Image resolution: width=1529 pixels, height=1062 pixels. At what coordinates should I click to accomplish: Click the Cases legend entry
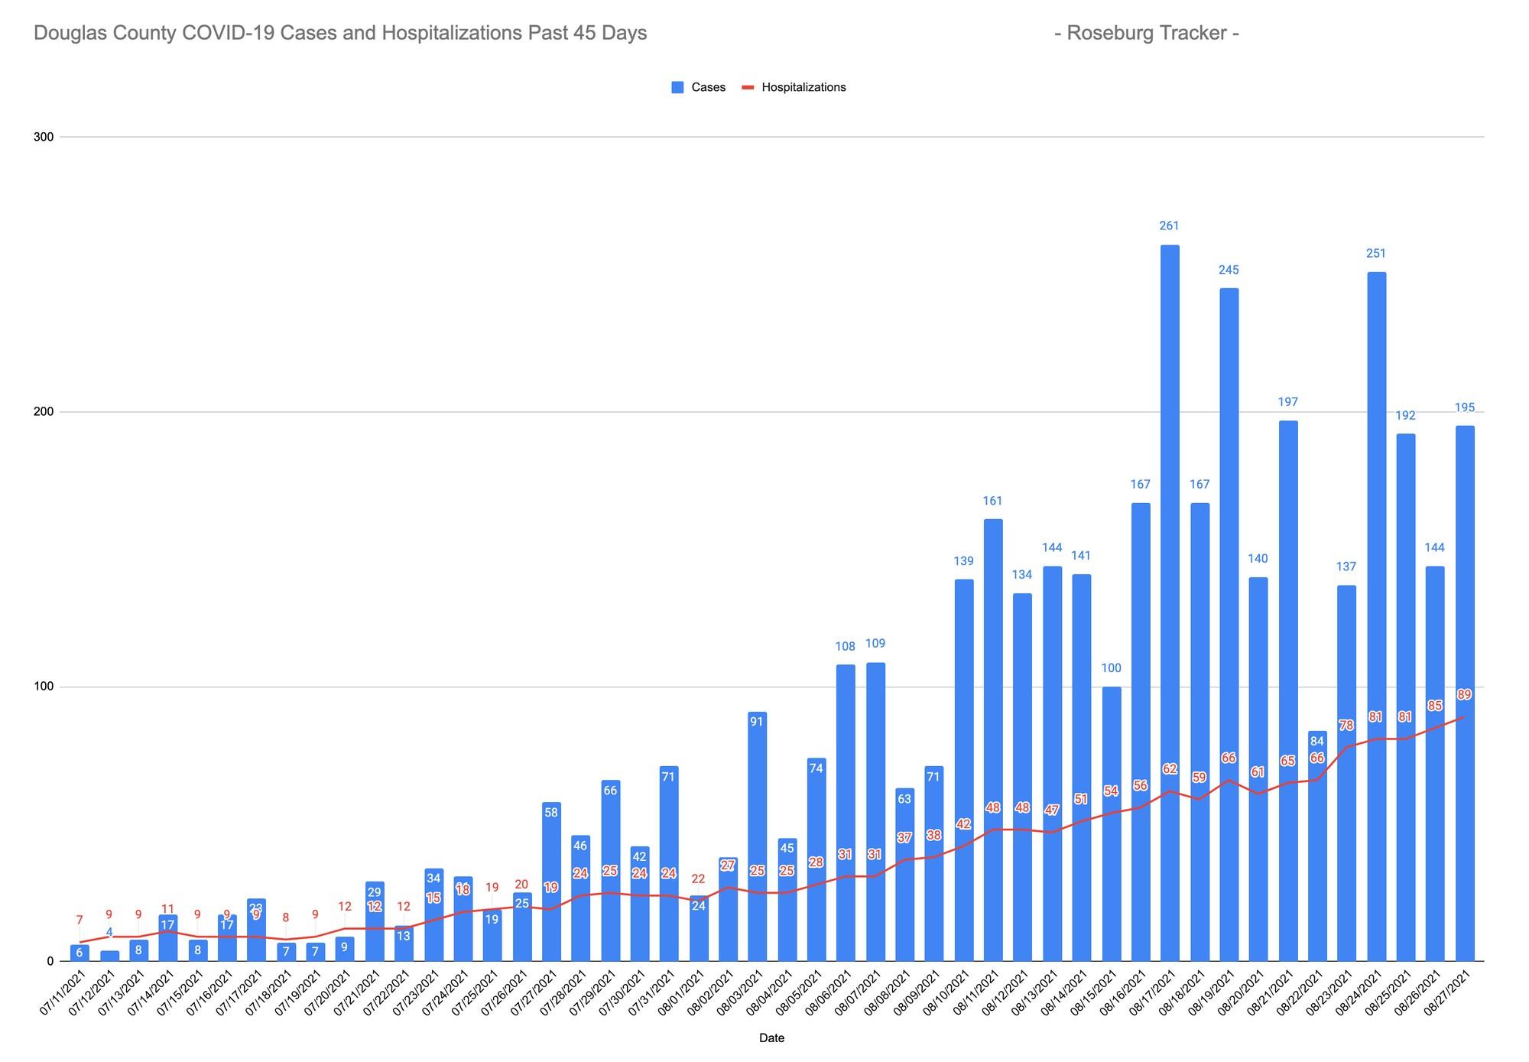coord(699,87)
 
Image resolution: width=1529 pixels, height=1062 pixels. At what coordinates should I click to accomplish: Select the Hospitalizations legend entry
coord(794,87)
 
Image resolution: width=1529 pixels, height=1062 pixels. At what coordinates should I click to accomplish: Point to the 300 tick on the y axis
coord(44,138)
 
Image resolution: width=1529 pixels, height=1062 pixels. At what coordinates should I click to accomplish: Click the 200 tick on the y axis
coord(44,412)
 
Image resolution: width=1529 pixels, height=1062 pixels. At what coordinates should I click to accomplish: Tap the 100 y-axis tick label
coord(44,687)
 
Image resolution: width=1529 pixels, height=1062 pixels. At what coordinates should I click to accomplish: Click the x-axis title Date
coord(771,1038)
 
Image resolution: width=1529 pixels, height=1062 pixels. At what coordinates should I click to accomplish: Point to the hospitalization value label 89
coord(1465,695)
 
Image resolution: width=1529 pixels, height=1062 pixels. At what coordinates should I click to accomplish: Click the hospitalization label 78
coord(1346,725)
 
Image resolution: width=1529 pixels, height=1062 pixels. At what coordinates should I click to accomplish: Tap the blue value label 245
coord(1229,270)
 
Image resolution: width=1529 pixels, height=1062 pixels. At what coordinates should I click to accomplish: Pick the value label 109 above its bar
coord(875,644)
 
